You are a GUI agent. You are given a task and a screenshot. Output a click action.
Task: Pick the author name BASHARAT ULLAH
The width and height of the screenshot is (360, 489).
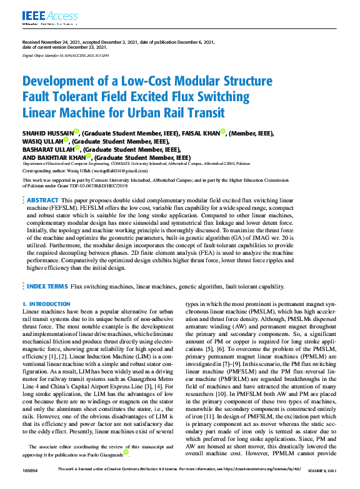pos(47,151)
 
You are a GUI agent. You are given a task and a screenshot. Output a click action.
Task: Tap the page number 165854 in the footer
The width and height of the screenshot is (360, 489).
pos(31,485)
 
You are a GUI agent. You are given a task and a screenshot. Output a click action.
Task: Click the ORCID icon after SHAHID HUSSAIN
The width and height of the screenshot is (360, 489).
pos(76,131)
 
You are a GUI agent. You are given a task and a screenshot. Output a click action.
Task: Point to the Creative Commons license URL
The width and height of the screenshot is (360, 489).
pos(256,485)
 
